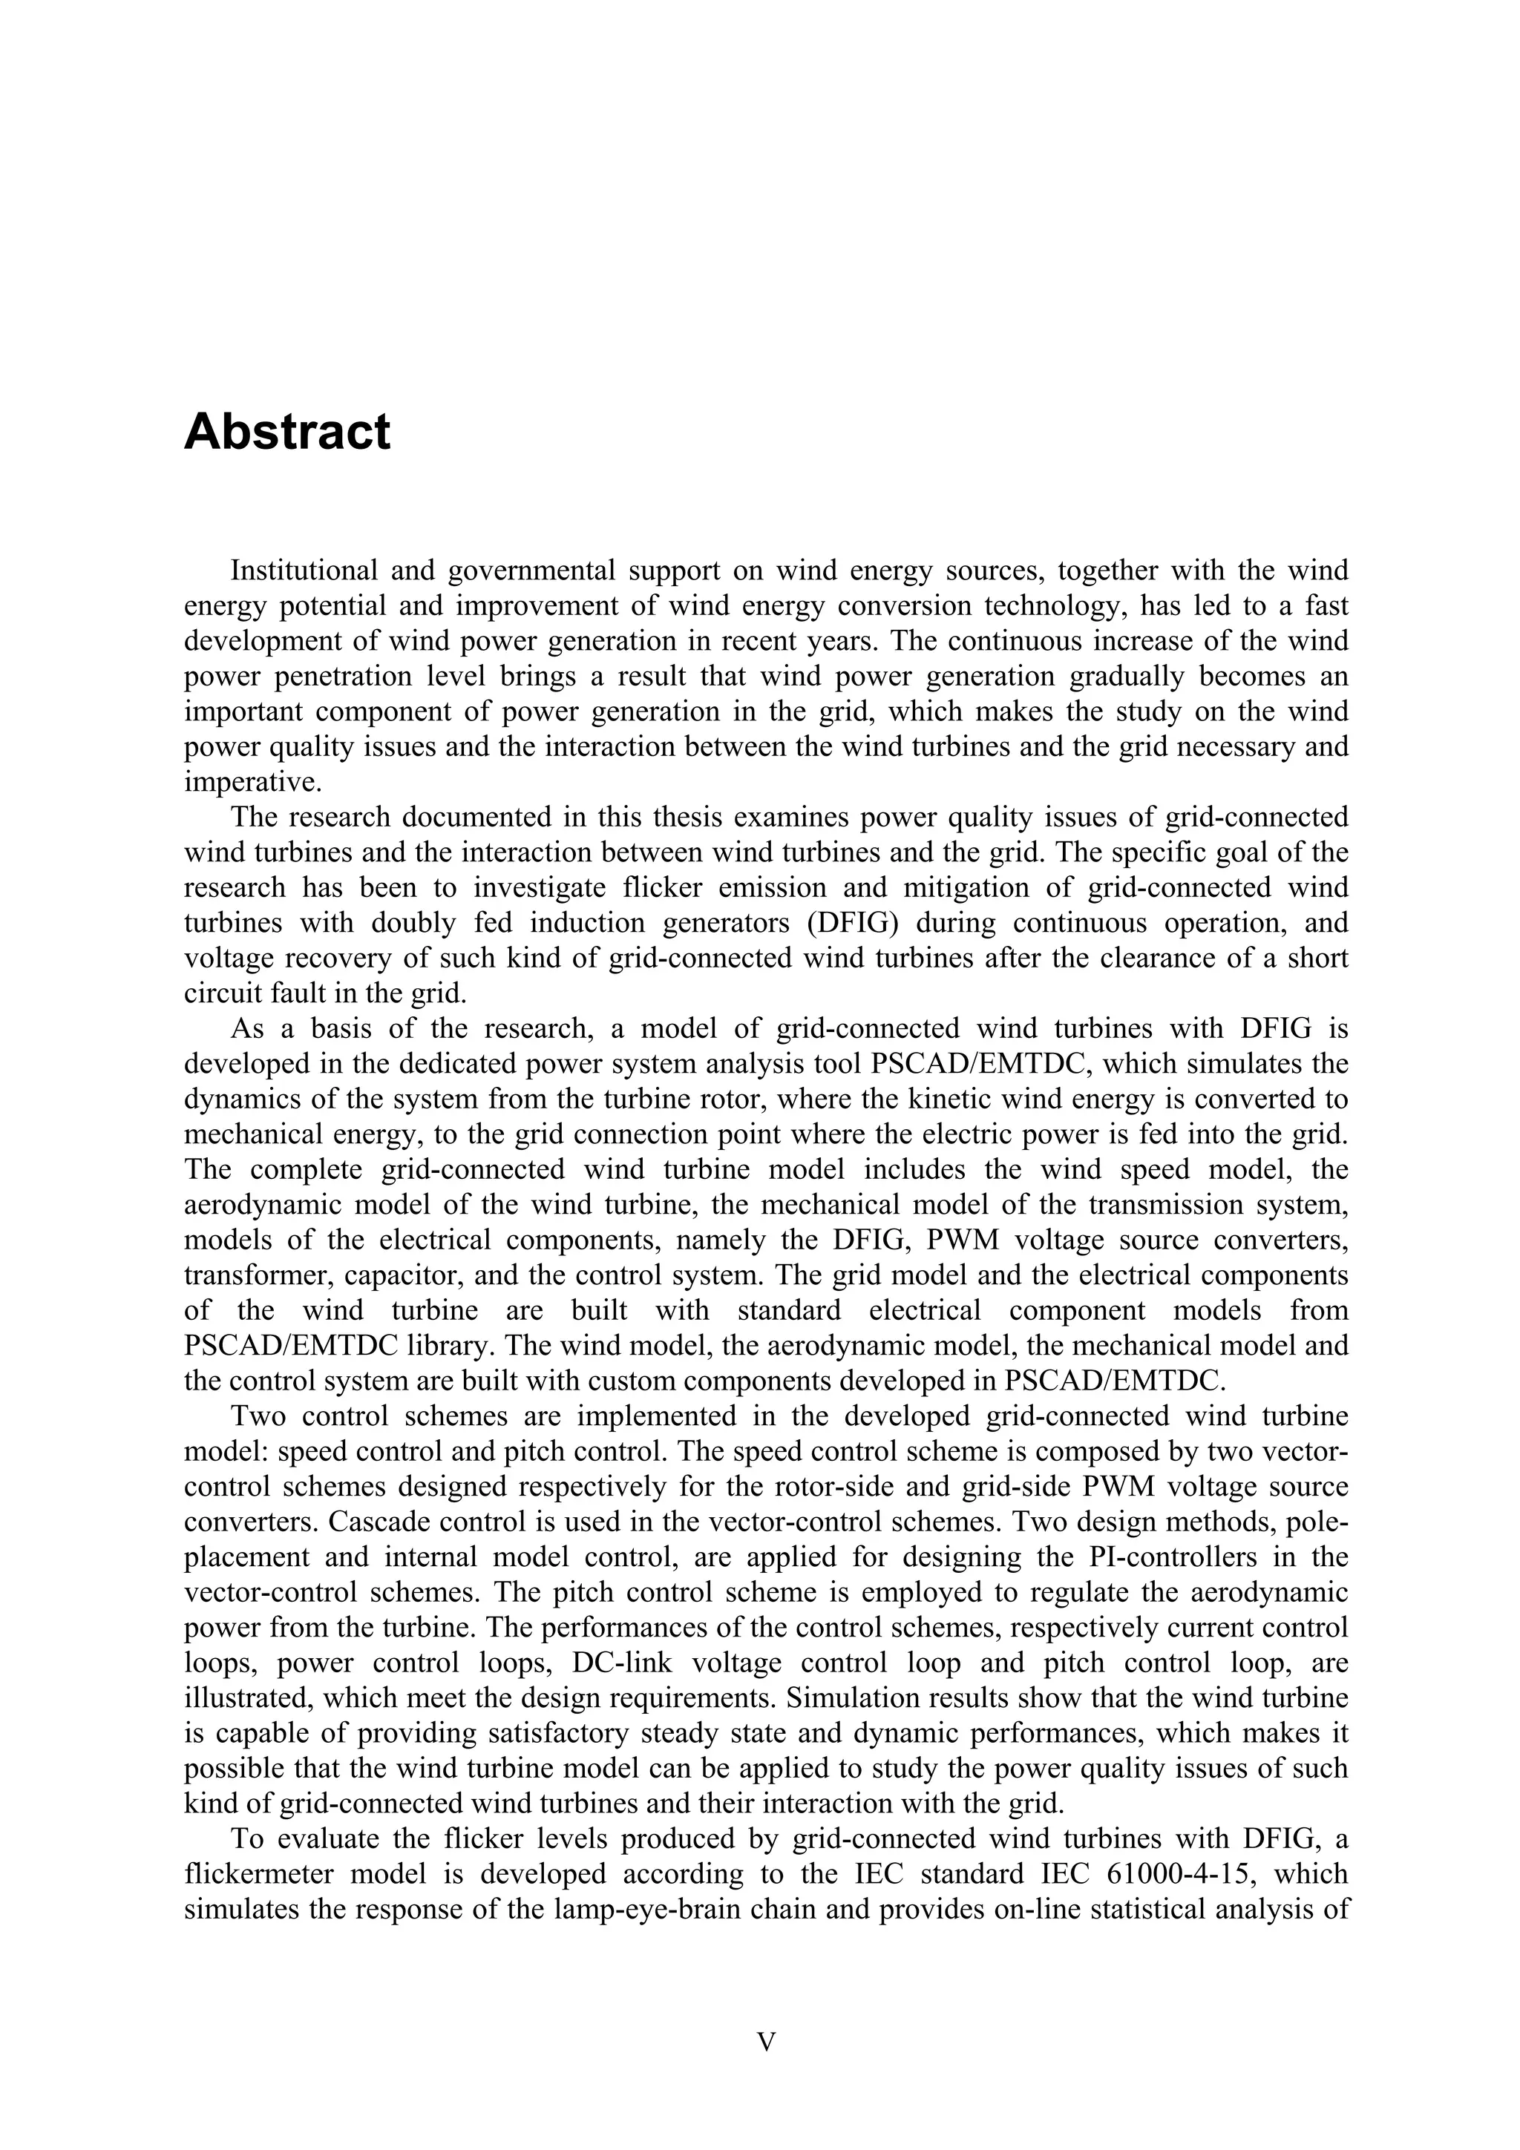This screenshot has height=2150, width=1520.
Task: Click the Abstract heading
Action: [286, 433]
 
